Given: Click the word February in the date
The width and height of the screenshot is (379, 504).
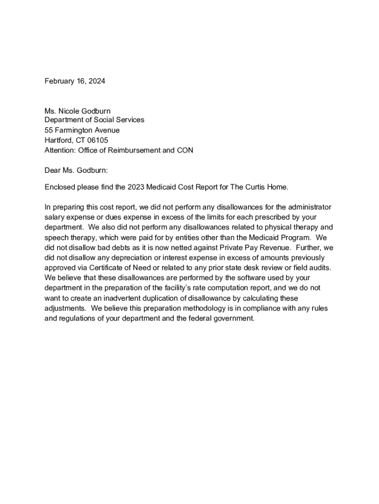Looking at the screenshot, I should tap(60, 81).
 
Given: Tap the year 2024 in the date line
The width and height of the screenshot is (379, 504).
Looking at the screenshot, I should tap(96, 81).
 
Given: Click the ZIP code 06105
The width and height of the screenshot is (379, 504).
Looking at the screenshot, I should tap(97, 140).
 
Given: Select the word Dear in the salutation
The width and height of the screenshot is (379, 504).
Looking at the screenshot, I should tap(53, 170).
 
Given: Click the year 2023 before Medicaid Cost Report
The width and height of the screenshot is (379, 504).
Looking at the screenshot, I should tap(136, 187).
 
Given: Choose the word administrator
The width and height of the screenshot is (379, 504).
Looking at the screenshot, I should tap(309, 207).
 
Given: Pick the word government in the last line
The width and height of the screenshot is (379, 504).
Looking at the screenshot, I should tap(230, 318).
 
